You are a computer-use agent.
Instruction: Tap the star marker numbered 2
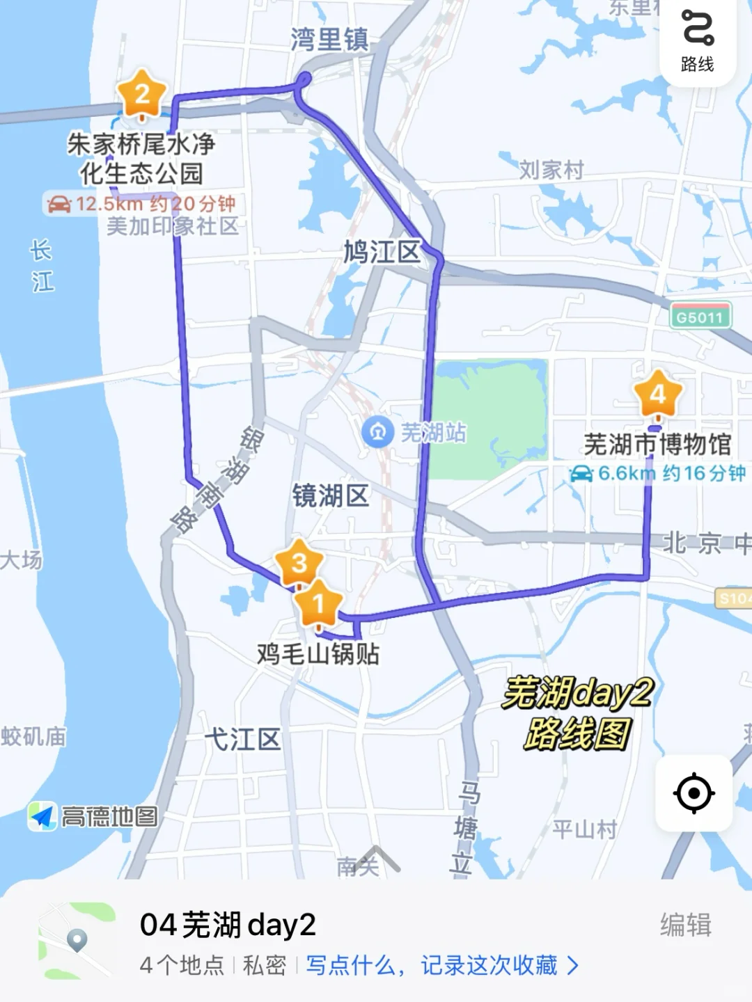point(142,94)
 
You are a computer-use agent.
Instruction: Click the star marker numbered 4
point(657,395)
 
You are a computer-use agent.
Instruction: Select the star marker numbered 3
point(299,563)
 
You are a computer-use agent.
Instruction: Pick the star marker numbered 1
point(319,603)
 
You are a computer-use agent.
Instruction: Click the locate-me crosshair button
point(694,793)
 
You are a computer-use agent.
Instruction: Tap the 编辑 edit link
point(685,925)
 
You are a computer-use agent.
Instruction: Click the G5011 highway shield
point(700,317)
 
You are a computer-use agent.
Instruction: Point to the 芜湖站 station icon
point(377,432)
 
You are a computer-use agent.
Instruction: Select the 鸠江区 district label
point(382,251)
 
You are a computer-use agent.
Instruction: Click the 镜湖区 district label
point(330,496)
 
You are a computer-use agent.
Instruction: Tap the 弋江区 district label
point(242,739)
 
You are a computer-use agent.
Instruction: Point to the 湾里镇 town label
point(329,39)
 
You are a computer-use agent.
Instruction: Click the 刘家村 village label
point(551,169)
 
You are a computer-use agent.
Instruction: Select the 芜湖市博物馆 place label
point(657,443)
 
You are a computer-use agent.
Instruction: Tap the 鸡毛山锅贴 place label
point(318,653)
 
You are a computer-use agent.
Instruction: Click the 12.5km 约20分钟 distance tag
point(141,204)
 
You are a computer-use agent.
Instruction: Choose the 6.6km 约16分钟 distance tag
point(657,474)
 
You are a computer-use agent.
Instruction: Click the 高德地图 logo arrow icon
point(42,816)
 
